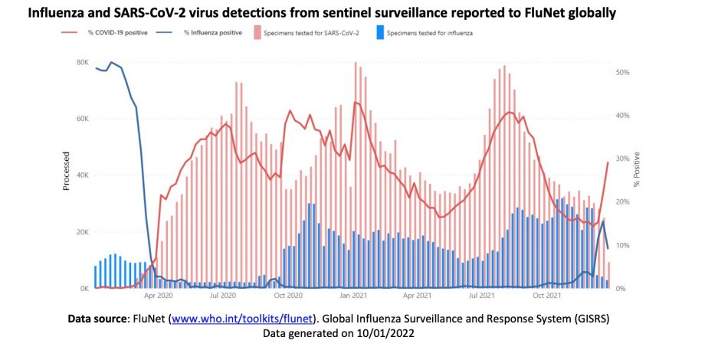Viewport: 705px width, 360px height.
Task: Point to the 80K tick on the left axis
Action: pos(82,62)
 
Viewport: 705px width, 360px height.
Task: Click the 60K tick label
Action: pos(82,119)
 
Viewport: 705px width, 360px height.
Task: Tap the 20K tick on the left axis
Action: pos(82,232)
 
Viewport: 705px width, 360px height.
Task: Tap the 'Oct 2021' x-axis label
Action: pos(549,295)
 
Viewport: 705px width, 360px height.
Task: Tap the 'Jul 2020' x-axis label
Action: pos(222,295)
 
